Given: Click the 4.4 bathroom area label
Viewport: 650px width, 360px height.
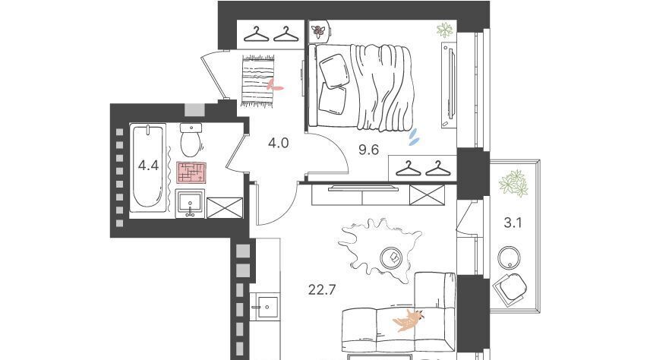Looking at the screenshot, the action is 148,166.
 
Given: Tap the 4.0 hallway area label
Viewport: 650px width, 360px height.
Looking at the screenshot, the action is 278,143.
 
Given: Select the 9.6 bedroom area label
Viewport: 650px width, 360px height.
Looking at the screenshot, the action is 368,150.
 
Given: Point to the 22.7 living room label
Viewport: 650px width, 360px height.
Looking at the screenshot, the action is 322,289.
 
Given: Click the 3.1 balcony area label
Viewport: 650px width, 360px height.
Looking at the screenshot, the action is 513,223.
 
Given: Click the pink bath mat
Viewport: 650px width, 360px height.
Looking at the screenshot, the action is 191,172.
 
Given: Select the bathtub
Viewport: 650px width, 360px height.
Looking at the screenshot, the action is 148,167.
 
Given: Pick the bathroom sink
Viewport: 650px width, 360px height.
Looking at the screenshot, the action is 190,204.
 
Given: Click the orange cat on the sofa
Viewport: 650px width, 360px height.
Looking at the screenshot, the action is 409,320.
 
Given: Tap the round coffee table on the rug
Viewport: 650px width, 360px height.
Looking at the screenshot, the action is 391,257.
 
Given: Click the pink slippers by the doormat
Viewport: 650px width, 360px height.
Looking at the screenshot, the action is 274,85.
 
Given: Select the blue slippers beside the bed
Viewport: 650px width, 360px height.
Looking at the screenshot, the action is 414,137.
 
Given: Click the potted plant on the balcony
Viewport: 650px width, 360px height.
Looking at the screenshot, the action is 513,183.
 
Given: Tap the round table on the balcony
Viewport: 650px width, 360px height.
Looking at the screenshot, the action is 509,258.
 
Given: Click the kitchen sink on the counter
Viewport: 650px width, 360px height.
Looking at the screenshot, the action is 267,307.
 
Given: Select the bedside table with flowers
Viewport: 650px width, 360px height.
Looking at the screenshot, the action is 320,30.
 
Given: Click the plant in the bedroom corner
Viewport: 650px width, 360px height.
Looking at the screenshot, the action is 445,30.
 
